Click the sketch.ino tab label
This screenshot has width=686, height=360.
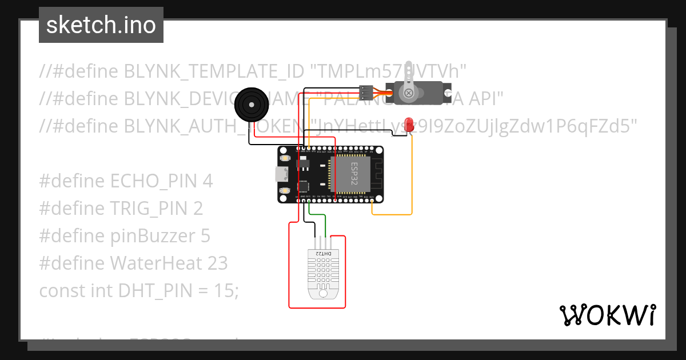(101, 25)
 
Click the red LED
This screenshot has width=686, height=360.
(409, 123)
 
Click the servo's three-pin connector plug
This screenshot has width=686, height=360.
(366, 91)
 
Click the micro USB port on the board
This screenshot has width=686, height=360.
(281, 174)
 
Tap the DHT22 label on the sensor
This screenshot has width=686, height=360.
(323, 253)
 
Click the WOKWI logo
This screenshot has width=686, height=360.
(607, 315)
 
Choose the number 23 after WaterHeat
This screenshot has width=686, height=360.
(217, 263)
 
